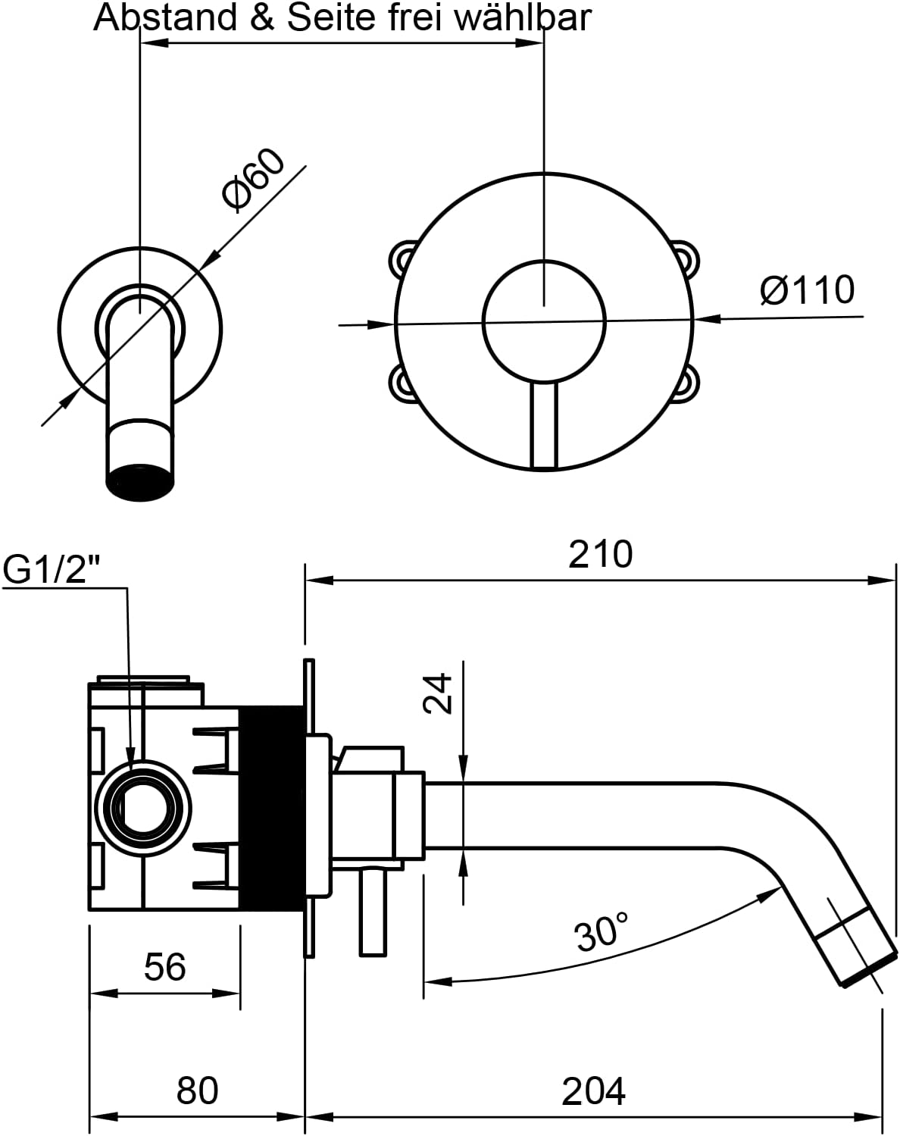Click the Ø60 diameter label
click(x=253, y=180)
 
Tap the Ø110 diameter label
click(x=807, y=289)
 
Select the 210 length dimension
click(x=600, y=554)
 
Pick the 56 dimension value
click(x=165, y=967)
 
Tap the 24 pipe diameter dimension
click(x=438, y=693)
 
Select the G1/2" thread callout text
click(x=52, y=570)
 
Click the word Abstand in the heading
click(x=165, y=17)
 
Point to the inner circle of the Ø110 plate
click(x=544, y=321)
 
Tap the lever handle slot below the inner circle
click(x=544, y=425)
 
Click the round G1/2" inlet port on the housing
click(x=143, y=809)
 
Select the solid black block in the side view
click(x=271, y=808)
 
